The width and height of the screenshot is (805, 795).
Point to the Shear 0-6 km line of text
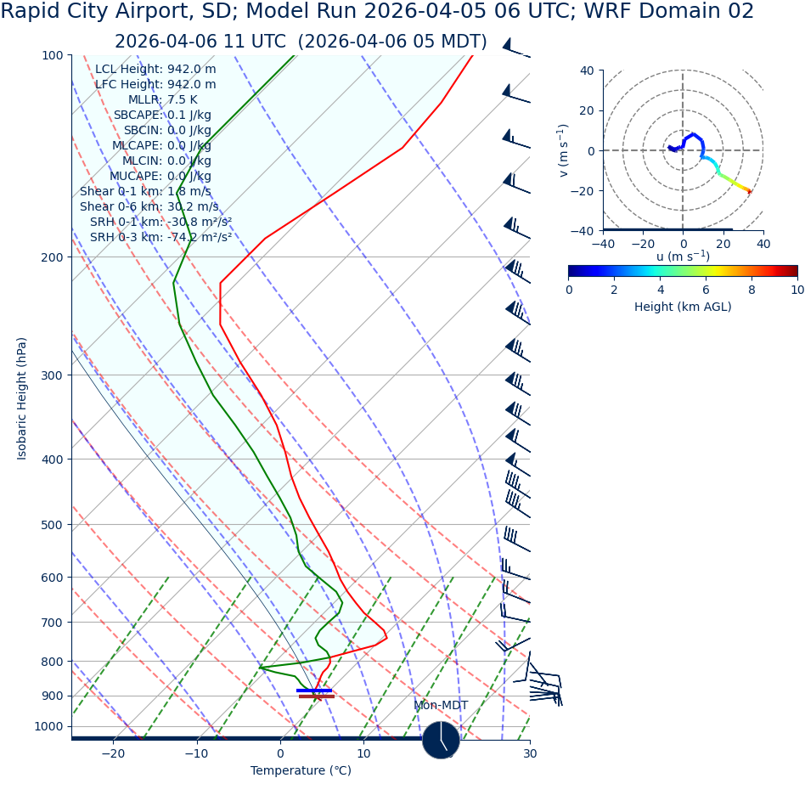pyautogui.click(x=149, y=207)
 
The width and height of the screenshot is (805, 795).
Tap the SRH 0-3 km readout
pyautogui.click(x=160, y=238)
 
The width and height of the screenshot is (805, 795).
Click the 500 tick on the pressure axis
pyautogui.click(x=50, y=525)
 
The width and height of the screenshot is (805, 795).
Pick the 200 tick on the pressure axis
pyautogui.click(x=50, y=257)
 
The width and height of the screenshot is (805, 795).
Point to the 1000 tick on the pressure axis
pyautogui.click(x=48, y=727)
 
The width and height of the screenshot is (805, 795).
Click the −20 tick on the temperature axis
pyautogui.click(x=113, y=753)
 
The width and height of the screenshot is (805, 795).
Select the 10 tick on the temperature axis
pyautogui.click(x=363, y=753)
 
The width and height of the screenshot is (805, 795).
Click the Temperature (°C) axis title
pyautogui.click(x=301, y=771)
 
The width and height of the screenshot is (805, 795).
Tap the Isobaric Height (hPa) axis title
pyautogui.click(x=22, y=398)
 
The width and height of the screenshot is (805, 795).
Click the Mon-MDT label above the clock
pyautogui.click(x=441, y=706)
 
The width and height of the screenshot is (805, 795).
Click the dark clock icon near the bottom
pyautogui.click(x=441, y=740)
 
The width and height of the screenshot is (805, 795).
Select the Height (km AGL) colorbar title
pyautogui.click(x=683, y=307)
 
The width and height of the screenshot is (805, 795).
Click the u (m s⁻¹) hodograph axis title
pyautogui.click(x=683, y=257)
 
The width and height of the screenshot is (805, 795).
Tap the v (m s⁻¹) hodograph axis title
pyautogui.click(x=563, y=150)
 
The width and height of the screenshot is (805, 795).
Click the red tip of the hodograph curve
pyautogui.click(x=749, y=191)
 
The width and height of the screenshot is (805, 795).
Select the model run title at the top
pyautogui.click(x=377, y=12)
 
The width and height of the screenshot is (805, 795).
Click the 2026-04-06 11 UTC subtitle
pyautogui.click(x=301, y=42)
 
